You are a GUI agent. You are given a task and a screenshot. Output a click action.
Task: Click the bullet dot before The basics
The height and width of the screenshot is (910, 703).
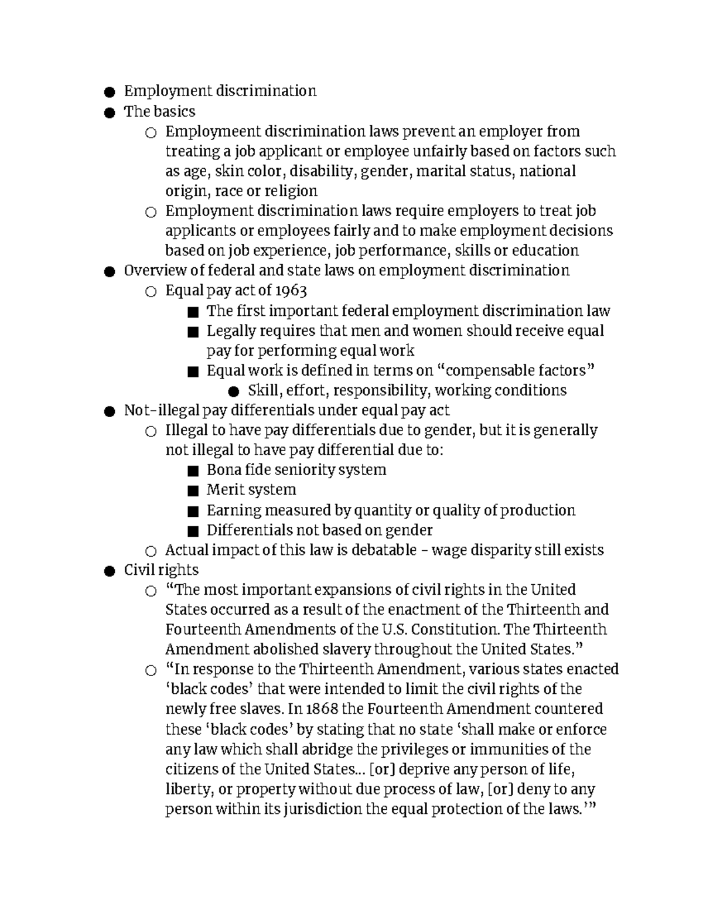tap(108, 113)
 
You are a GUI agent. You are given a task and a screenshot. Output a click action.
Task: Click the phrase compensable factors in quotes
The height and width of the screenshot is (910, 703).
tap(516, 370)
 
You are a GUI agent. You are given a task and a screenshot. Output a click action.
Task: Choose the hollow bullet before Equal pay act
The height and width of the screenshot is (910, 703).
tap(151, 292)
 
